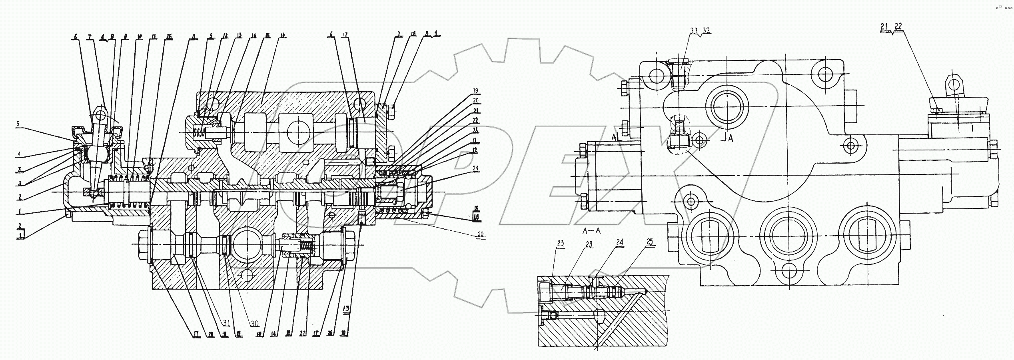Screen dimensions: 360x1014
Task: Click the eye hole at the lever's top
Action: (100, 116)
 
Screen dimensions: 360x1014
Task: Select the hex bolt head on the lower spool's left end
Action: (143, 248)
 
